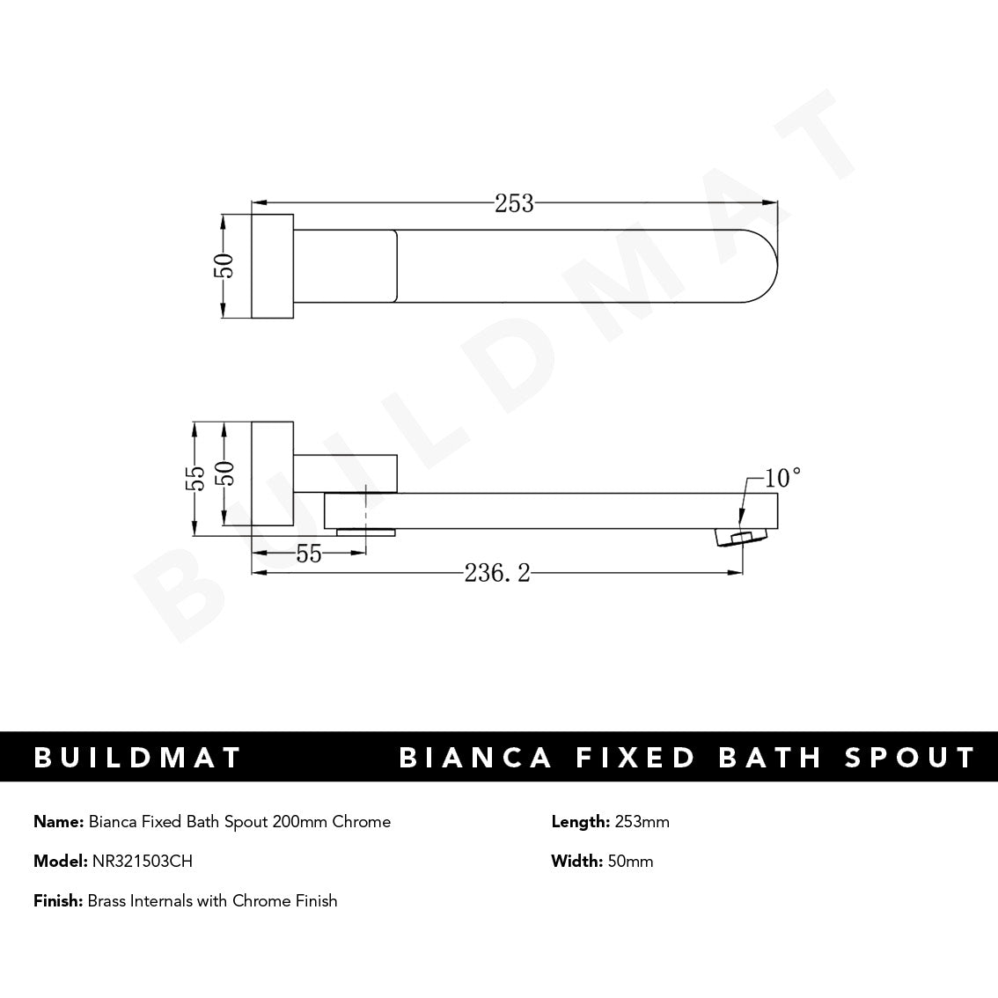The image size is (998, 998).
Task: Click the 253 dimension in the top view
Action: [x=514, y=203]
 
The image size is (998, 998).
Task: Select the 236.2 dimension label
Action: [x=497, y=574]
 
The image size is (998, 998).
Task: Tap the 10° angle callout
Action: [x=783, y=478]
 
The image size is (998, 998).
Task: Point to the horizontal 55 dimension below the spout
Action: [x=309, y=554]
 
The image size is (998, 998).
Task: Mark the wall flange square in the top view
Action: [x=273, y=265]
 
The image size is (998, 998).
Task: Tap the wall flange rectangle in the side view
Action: [x=273, y=474]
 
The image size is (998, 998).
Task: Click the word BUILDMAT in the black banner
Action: [x=137, y=757]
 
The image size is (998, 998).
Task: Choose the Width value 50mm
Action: [x=630, y=862]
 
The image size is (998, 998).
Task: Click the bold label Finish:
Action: [x=58, y=901]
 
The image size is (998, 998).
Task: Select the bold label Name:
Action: [x=59, y=822]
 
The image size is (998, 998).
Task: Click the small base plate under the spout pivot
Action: [x=366, y=532]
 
